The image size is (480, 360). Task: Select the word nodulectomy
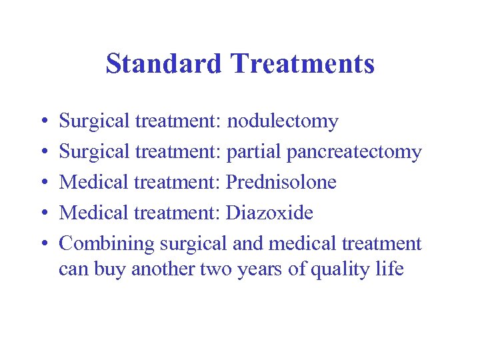(283, 122)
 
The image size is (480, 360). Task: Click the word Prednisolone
(281, 182)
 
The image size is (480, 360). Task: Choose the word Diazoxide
(270, 213)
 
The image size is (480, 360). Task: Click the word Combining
(108, 244)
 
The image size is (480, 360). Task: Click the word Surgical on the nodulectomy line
(95, 122)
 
